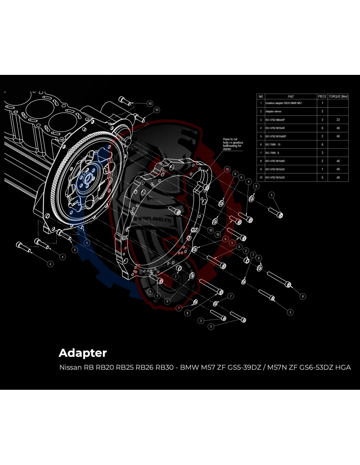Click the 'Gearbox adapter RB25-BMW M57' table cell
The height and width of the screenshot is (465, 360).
coord(283,103)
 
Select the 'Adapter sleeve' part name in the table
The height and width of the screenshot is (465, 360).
coord(273,112)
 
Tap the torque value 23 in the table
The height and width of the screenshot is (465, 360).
coord(338,120)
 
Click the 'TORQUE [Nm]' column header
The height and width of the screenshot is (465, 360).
coord(338,96)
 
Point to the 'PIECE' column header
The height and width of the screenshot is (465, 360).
coord(322,96)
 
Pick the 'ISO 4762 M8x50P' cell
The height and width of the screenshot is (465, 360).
coord(275,120)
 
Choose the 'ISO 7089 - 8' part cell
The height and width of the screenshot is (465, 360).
coord(272,153)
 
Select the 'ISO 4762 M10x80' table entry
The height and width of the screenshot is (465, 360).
coord(275,161)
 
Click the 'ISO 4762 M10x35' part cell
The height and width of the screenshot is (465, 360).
coord(275,169)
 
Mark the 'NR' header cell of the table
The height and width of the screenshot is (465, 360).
coord(261,96)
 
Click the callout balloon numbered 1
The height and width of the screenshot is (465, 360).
coord(150,291)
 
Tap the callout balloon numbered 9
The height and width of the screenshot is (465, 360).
coord(158,296)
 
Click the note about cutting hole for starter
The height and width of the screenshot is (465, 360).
coord(233,144)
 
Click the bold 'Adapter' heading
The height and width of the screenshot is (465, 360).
coord(83,353)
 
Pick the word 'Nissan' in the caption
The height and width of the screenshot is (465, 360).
coord(70,367)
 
